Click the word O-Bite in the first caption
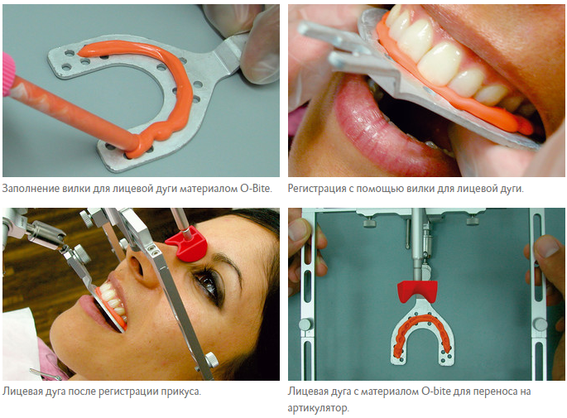[255, 189]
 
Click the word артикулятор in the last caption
[317, 408]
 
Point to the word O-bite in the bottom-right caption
[436, 392]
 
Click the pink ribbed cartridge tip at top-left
[8, 74]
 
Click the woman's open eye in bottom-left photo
[207, 282]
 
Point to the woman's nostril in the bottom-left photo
[137, 266]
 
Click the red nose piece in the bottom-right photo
[417, 291]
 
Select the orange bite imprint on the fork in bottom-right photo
[422, 331]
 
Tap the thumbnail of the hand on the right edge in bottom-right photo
[546, 246]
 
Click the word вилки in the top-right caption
[420, 189]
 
